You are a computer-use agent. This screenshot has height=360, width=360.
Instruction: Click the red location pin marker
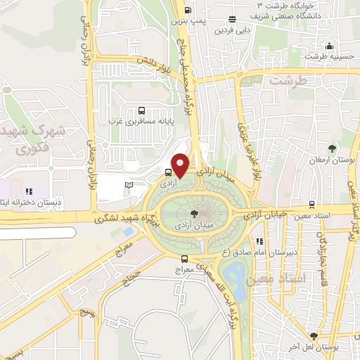(x=181, y=165)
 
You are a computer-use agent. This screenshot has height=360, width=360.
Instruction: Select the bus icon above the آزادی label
(x=169, y=172)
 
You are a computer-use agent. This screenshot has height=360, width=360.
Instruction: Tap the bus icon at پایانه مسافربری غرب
(x=141, y=110)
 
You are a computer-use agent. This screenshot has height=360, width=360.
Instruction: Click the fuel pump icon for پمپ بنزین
(x=188, y=10)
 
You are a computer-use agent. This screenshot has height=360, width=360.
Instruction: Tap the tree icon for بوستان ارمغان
(x=331, y=148)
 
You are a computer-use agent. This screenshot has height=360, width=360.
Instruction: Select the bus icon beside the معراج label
(x=185, y=258)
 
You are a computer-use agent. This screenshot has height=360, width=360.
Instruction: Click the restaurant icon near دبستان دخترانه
(x=29, y=191)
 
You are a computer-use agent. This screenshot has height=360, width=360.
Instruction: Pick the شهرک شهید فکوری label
(x=43, y=139)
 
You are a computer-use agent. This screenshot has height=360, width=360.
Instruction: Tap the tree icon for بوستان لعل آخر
(x=314, y=336)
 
